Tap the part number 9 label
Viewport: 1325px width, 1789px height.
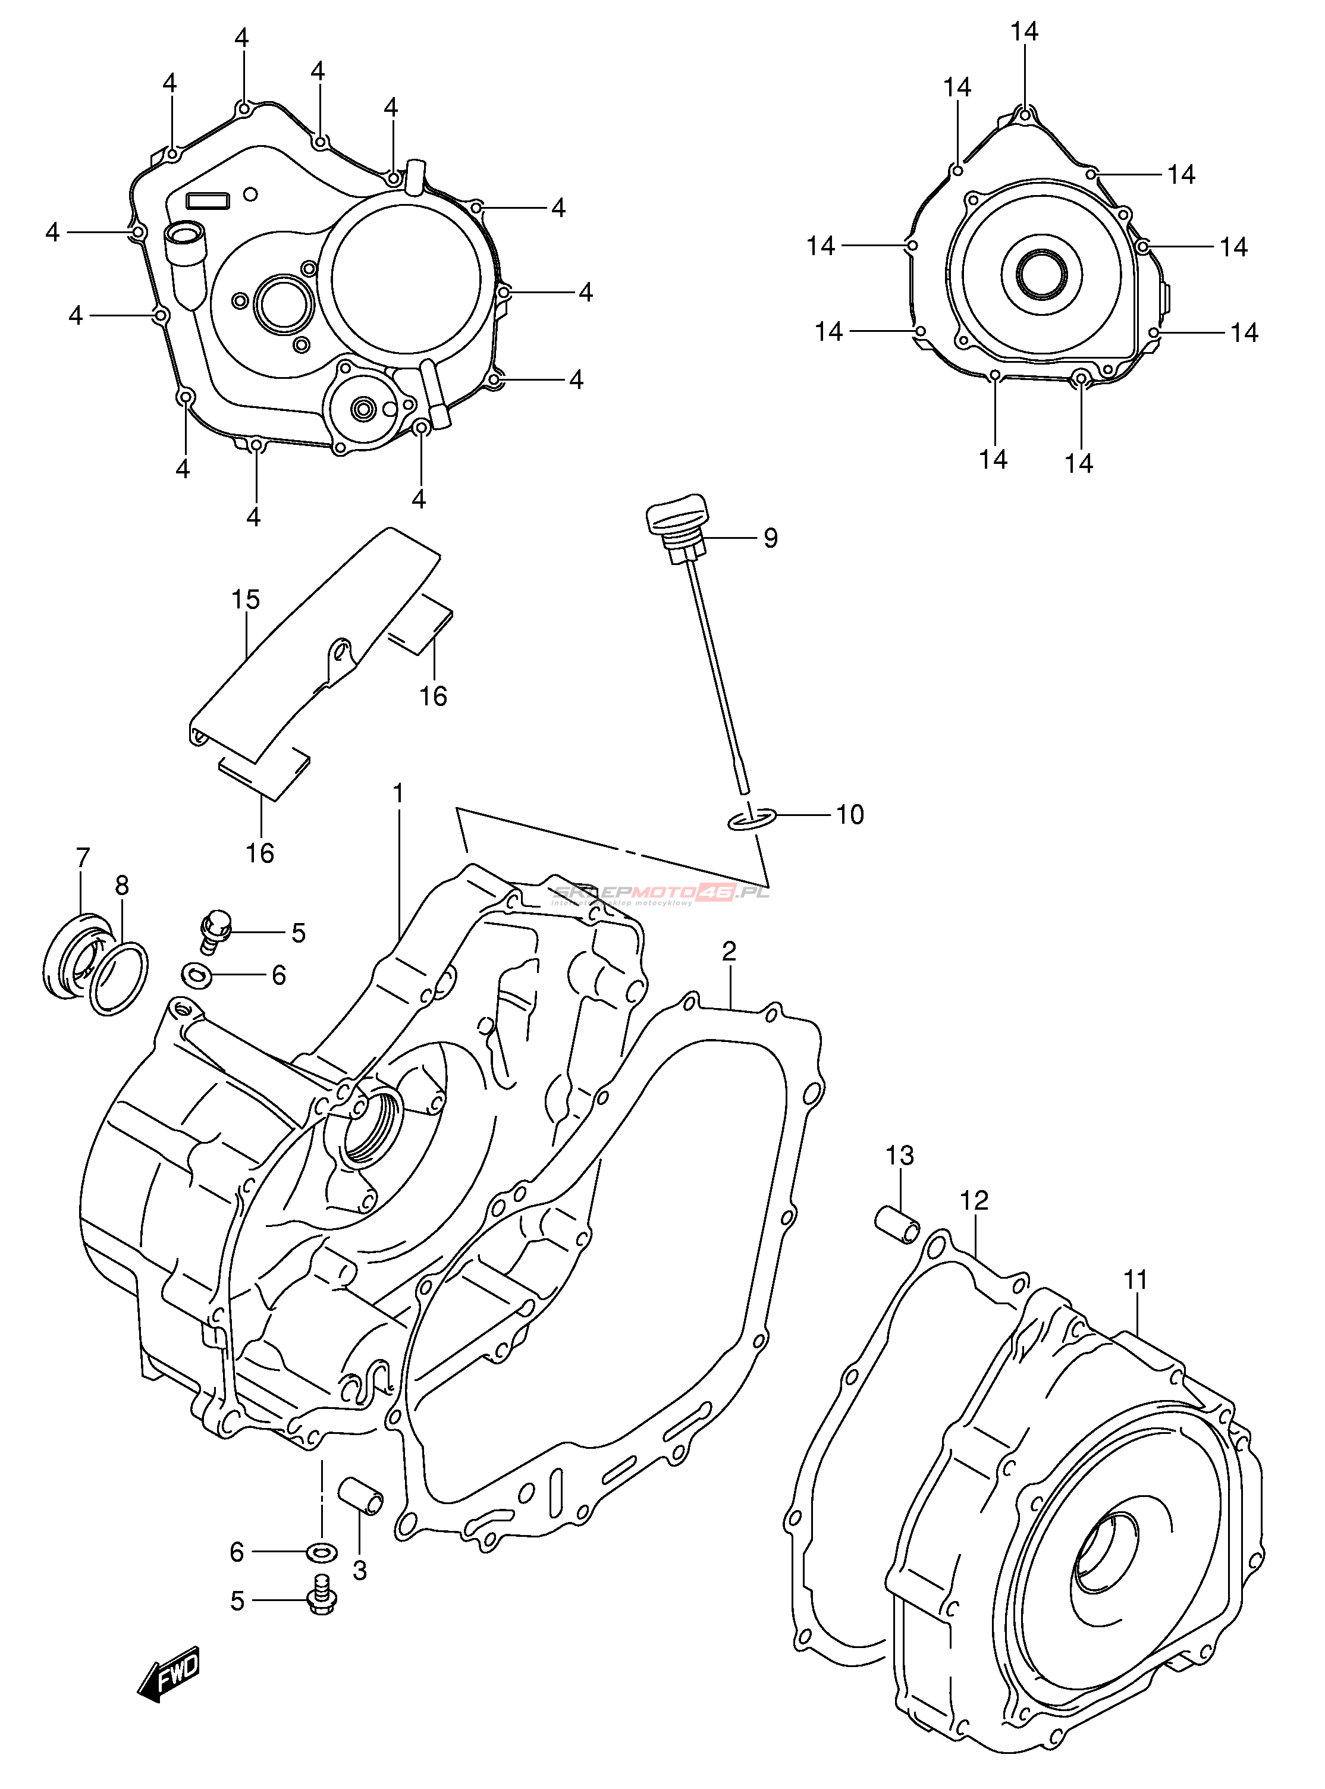pos(770,538)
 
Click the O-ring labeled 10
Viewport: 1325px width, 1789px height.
pos(752,819)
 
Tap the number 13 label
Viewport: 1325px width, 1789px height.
pos(900,1156)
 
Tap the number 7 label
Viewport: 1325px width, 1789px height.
pos(83,858)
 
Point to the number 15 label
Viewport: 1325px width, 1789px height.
pos(246,599)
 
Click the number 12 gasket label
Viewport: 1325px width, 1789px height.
pos(975,1200)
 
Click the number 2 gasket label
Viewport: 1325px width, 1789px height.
pos(729,951)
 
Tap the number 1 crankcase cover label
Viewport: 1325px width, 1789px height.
pos(398,794)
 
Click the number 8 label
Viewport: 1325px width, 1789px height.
pos(122,885)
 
